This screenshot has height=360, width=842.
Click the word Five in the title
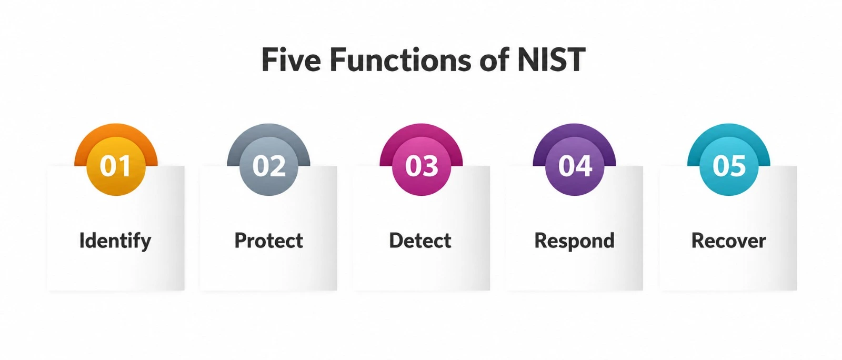[292, 59]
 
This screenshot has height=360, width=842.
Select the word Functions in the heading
[400, 59]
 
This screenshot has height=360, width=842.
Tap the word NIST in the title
[551, 59]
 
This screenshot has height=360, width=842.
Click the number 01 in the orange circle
[115, 166]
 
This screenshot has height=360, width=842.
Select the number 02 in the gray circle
[269, 166]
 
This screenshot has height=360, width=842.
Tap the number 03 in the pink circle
[422, 166]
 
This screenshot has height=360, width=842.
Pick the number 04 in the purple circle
[575, 166]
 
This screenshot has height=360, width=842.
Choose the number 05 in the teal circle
[729, 166]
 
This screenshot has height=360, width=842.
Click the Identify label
[115, 241]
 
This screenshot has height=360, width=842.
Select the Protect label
[269, 241]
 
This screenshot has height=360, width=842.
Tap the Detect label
[420, 241]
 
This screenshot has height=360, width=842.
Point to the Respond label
[574, 241]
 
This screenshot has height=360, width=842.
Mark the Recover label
[728, 241]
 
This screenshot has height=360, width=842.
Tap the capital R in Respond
[542, 241]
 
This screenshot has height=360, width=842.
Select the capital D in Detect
[397, 241]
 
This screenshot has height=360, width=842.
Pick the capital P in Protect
[241, 241]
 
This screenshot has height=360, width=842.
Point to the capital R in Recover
[699, 241]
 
